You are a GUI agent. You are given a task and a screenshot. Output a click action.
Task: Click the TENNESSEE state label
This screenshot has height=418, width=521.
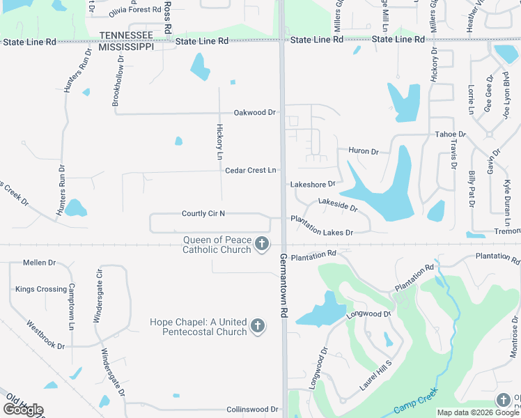click(x=126, y=36)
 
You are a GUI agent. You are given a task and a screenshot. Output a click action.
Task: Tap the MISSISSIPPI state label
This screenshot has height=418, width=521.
click(x=126, y=47)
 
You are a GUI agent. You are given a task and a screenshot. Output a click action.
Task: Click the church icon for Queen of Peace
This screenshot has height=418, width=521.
click(x=262, y=244)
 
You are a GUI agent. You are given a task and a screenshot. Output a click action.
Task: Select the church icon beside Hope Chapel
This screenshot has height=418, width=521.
click(x=258, y=325)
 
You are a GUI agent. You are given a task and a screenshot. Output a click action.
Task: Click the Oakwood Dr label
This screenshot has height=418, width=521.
click(x=255, y=112)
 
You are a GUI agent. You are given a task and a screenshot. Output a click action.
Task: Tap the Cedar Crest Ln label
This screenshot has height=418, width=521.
click(x=250, y=170)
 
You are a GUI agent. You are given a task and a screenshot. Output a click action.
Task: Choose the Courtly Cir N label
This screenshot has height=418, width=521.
click(x=203, y=214)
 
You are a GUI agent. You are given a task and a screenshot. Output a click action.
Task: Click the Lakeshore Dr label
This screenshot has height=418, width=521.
click(x=313, y=185)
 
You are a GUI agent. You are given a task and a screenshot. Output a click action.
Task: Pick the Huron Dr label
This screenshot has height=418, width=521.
click(x=363, y=151)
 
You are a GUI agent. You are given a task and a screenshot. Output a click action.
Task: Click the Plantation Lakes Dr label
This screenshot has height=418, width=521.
click(x=322, y=232)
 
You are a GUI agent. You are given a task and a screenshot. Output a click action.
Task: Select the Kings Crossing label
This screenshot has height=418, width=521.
click(x=41, y=289)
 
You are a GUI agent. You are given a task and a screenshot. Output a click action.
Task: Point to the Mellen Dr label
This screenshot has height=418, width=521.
click(x=39, y=263)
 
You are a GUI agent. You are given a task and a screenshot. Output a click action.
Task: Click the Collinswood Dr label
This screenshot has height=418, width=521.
click(x=253, y=410)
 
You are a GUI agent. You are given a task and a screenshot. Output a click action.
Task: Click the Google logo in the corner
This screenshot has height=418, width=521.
click(x=23, y=410)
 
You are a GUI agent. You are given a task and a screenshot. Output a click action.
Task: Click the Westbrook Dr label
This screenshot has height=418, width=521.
click(x=45, y=335)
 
